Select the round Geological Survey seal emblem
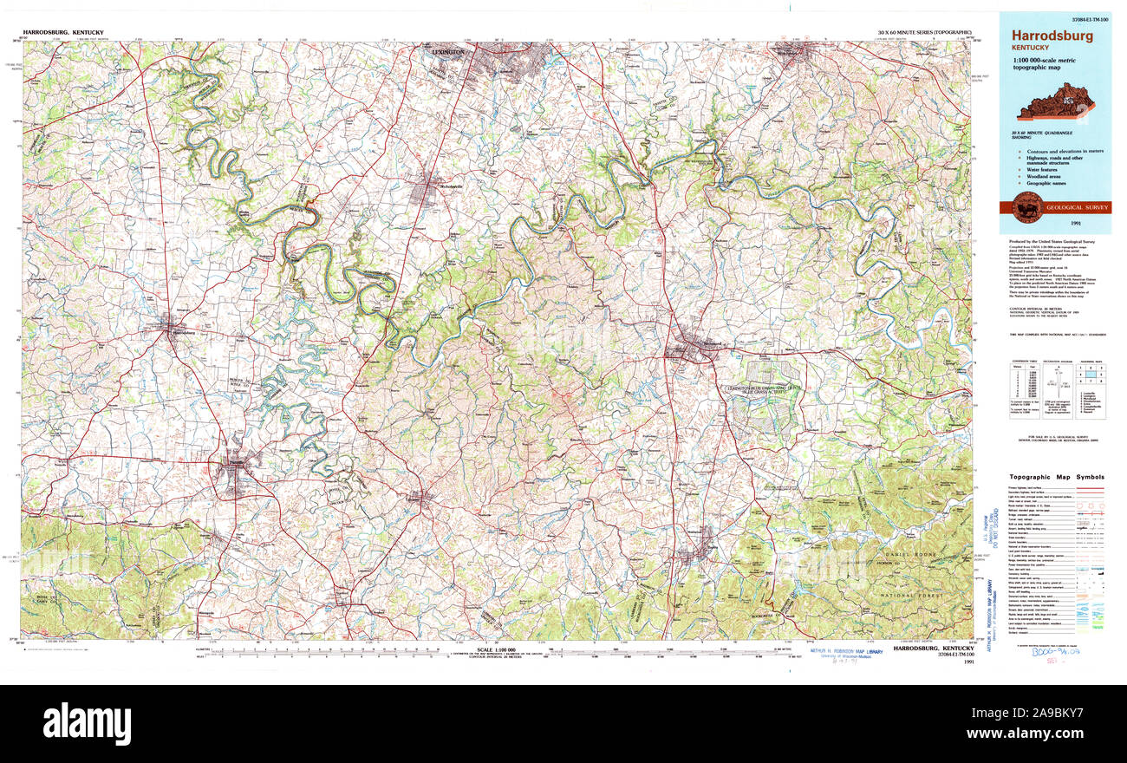pyautogui.click(x=1028, y=205)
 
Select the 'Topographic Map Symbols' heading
pyautogui.click(x=1056, y=477)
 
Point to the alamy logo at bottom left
pyautogui.click(x=87, y=722)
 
